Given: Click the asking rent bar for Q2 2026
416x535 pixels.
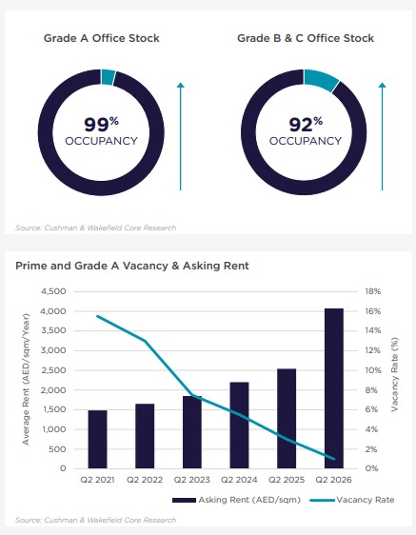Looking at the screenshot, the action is pos(334,388).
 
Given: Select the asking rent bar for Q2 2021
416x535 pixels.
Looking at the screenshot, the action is pos(98,439).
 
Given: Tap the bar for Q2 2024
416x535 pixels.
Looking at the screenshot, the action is pos(239,426).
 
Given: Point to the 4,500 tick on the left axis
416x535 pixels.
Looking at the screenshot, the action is pos(53,291).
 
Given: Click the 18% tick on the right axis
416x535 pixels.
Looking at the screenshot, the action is pos(372,291).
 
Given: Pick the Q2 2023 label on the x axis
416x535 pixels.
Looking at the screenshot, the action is pos(191,480).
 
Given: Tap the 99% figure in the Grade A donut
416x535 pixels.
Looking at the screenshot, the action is pos(101,124).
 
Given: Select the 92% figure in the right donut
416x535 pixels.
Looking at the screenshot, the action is pos(306,124).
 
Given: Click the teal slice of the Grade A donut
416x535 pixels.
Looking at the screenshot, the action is pos(109,77).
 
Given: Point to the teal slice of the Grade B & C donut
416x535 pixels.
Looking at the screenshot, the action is pos(321,80).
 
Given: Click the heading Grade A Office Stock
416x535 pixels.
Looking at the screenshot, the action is pos(101,38).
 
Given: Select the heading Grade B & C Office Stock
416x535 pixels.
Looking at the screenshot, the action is pos(306,38).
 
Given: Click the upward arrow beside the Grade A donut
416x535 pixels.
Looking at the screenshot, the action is pos(181,136).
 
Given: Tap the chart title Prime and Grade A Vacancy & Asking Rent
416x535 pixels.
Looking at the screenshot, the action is pos(132,266).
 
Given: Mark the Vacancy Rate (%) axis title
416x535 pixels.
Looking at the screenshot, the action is pos(394,374).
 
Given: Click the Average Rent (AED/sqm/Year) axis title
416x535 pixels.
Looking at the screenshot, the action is pos(26,379).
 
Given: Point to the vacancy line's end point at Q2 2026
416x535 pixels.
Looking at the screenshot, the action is pos(334,459).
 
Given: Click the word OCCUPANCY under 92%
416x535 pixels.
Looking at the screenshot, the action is pos(306,141).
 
